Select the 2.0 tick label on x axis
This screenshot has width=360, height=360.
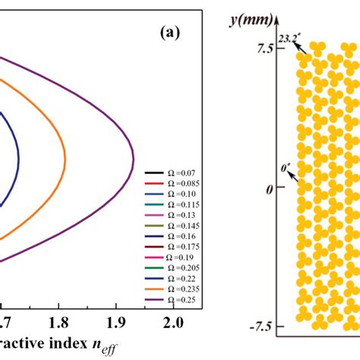pos(173,323)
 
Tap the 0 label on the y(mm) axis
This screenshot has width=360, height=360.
pos(268,188)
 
